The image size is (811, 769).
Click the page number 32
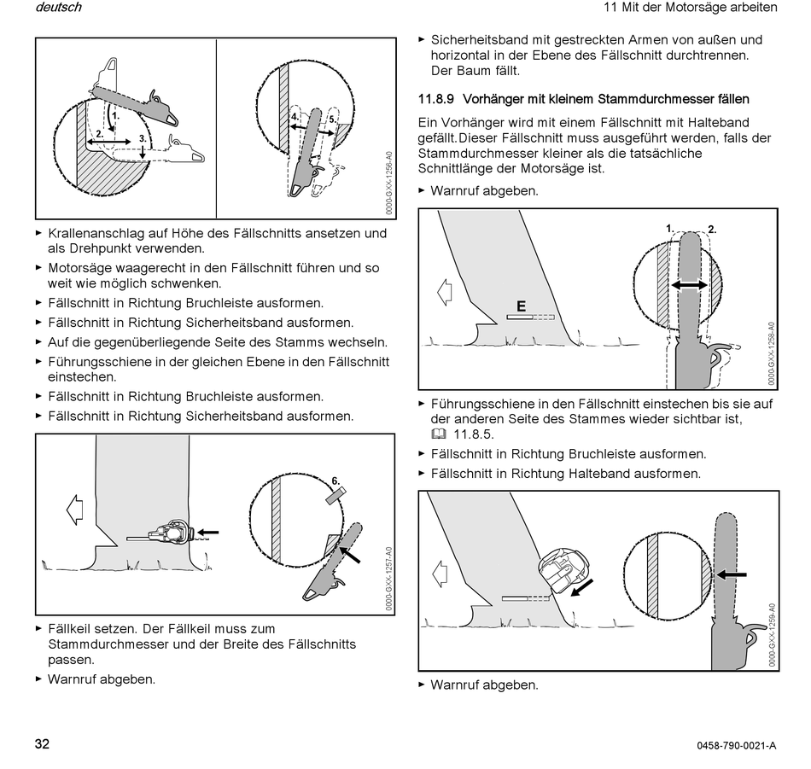click(x=42, y=743)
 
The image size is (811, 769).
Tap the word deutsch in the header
click(x=59, y=8)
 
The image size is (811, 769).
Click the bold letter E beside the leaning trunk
click(x=522, y=306)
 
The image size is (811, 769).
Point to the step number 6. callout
click(x=335, y=481)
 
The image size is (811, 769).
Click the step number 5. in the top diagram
click(x=331, y=119)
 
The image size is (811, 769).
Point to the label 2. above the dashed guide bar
click(x=712, y=230)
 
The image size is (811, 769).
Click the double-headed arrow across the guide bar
click(x=688, y=286)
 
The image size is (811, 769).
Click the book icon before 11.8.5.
click(x=438, y=434)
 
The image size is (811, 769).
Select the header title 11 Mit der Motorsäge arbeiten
click(x=690, y=8)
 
